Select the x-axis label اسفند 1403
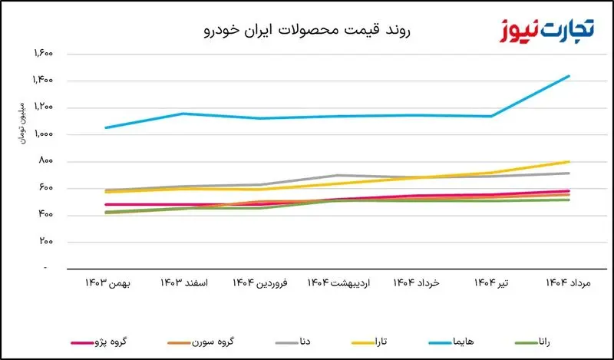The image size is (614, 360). (x=183, y=284)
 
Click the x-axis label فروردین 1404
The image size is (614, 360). (x=261, y=284)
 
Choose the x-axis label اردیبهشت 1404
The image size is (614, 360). (x=338, y=284)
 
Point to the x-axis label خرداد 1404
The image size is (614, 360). (x=416, y=284)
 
